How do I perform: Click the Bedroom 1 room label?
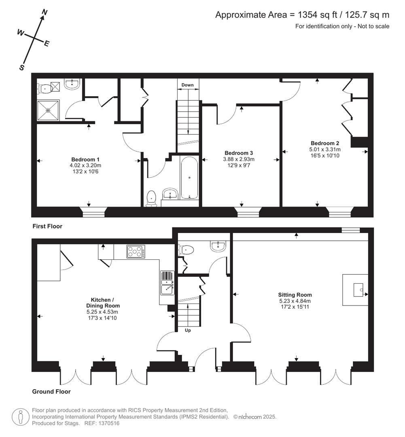[x=85, y=159]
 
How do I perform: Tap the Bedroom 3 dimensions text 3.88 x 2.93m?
[x=239, y=159]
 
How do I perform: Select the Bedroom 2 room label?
[x=324, y=143]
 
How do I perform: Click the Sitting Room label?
[x=295, y=295]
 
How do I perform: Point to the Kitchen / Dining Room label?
[x=103, y=303]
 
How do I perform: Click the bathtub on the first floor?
[x=189, y=178]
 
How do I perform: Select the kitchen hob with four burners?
[x=136, y=252]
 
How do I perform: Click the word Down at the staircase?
[x=187, y=85]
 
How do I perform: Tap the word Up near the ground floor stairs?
[x=188, y=330]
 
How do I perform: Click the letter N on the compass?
[x=45, y=13]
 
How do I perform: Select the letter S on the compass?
[x=22, y=68]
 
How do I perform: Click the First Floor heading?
[x=47, y=226]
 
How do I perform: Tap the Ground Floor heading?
[x=51, y=391]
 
